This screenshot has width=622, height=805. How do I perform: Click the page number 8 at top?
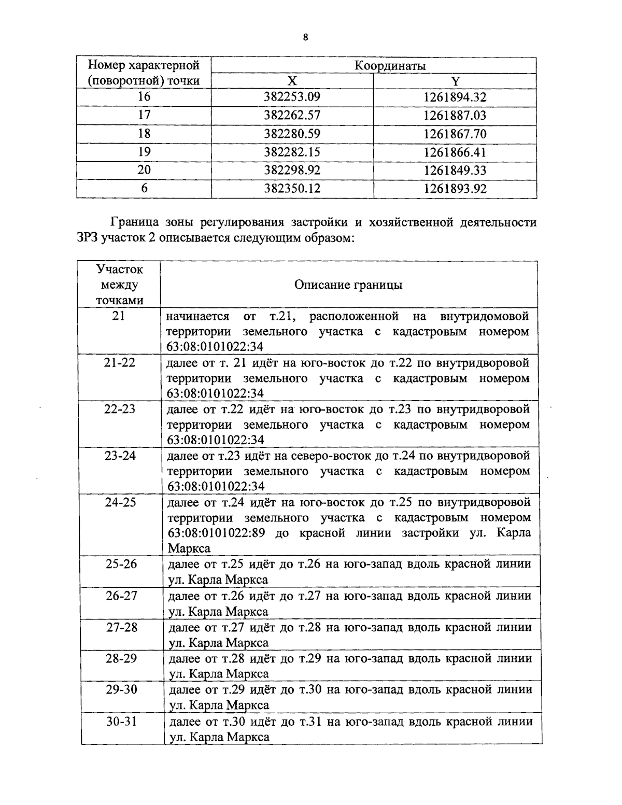306,37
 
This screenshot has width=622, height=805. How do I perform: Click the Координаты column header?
390,66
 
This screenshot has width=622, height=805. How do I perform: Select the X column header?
292,81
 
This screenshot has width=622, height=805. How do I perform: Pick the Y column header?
455,81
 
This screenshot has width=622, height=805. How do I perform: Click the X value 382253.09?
292,97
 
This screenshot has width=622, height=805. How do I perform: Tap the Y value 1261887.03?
455,115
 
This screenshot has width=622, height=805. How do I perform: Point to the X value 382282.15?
292,152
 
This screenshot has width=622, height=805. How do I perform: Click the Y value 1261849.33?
455,170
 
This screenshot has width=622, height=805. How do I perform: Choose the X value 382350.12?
292,189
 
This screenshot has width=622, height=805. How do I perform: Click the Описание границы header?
348,285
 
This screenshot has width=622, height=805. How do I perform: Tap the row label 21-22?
120,362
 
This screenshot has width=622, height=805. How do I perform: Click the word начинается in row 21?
197,316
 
